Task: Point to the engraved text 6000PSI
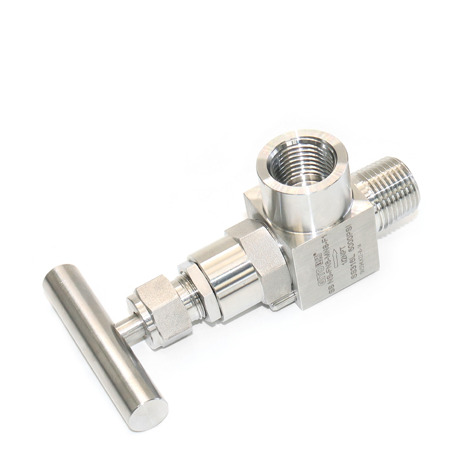(x=353, y=240)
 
